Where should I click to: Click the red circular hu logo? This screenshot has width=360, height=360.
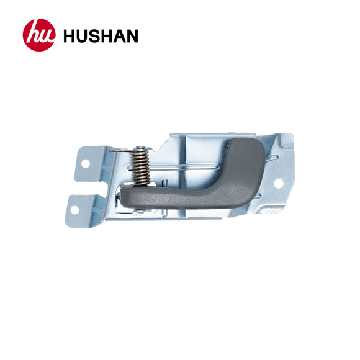coord(39,35)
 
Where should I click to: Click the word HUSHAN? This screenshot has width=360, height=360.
coord(101,36)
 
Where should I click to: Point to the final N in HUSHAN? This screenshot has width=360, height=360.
coord(132,36)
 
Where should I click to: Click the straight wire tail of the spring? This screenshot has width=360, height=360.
coord(121,151)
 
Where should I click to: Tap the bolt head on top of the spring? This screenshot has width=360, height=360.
coord(140,148)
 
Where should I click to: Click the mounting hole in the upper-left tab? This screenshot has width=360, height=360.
coord(86,164)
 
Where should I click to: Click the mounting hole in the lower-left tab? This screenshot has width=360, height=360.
coord(74,210)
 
